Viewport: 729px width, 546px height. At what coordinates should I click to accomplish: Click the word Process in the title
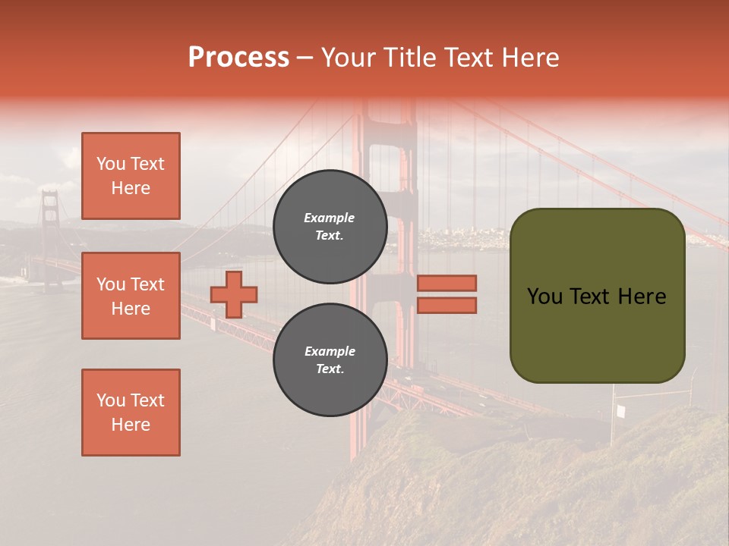(238, 58)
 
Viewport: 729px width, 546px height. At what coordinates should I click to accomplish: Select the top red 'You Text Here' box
(131, 176)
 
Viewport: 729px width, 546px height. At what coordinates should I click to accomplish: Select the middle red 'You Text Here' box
(131, 296)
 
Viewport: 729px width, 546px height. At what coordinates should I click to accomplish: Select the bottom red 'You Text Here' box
(131, 413)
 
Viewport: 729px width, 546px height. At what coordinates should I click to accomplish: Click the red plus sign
(234, 294)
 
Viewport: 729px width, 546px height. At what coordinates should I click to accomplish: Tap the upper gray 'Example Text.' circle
(330, 226)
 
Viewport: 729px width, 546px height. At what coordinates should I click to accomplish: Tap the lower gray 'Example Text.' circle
(330, 359)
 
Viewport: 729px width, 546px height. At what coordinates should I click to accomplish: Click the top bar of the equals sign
(447, 283)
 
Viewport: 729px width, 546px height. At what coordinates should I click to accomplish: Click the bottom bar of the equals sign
(447, 305)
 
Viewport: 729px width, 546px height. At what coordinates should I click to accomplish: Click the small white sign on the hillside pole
(620, 411)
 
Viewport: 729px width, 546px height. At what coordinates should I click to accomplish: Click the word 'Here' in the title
(531, 58)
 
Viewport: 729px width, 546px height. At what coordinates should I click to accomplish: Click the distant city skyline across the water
(456, 239)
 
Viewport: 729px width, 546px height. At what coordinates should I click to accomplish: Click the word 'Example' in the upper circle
(330, 218)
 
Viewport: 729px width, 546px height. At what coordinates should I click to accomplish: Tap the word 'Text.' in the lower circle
(330, 369)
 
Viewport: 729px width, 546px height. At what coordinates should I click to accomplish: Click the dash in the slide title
(305, 58)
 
